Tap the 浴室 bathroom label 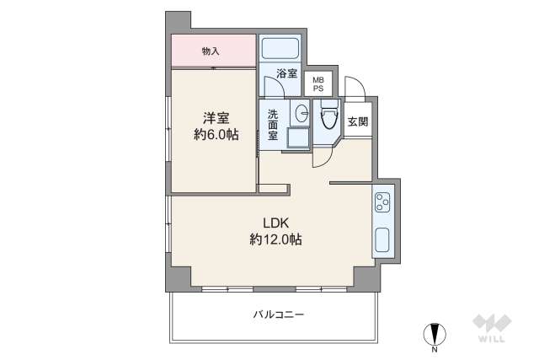286,73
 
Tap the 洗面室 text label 273,124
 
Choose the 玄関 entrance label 357,121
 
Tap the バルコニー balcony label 277,314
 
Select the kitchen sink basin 382,239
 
